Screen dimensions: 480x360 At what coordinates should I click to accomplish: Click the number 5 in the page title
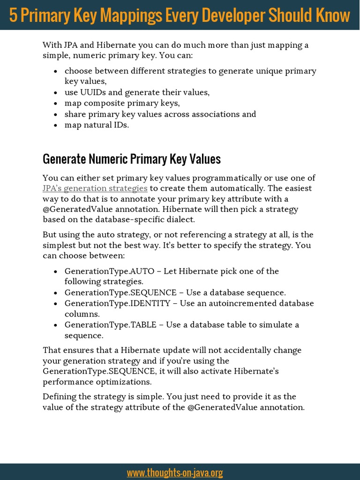pyautogui.click(x=13, y=15)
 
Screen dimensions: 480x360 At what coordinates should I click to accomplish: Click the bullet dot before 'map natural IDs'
pyautogui.click(x=56, y=126)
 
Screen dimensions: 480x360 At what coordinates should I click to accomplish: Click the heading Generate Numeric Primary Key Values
pyautogui.click(x=131, y=159)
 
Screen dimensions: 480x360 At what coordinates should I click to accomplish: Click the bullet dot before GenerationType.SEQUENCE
pyautogui.click(x=56, y=293)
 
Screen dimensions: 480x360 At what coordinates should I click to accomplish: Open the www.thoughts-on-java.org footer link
pyautogui.click(x=174, y=472)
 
